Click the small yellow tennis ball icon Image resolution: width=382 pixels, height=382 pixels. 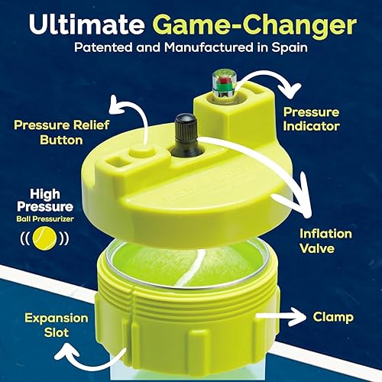click(x=48, y=238)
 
